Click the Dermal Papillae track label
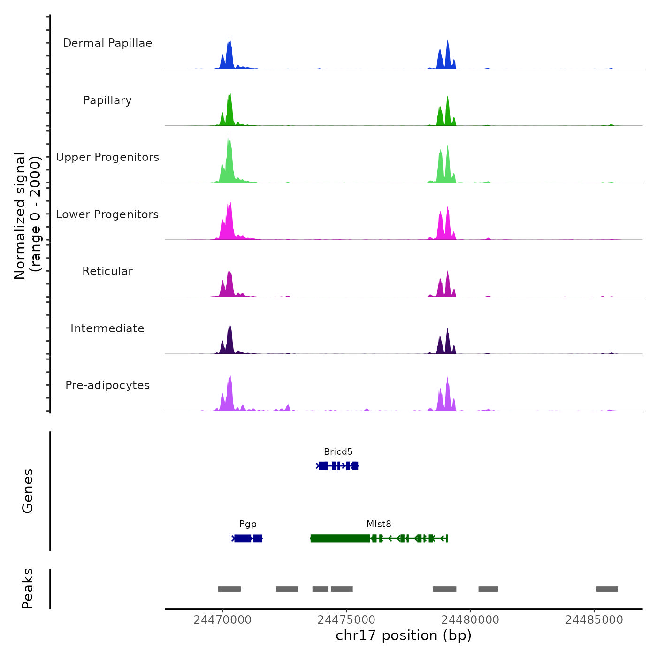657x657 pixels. point(107,43)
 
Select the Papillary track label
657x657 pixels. point(107,100)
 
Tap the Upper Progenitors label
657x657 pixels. point(107,157)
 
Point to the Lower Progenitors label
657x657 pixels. point(107,214)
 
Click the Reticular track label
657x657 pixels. point(107,271)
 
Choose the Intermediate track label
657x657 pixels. point(107,328)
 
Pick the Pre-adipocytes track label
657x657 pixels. point(107,385)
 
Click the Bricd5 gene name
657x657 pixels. point(338,452)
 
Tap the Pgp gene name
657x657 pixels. point(248,524)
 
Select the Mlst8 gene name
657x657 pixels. point(379,524)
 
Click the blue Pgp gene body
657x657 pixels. point(247,538)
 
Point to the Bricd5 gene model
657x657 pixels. point(338,466)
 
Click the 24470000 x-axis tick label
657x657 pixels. point(222,620)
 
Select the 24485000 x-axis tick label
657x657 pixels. point(594,620)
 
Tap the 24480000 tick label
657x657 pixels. point(470,620)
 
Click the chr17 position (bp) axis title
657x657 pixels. point(404,635)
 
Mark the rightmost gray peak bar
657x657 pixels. point(607,589)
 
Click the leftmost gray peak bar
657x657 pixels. point(229,589)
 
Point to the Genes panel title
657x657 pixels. point(28,491)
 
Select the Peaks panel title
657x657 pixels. point(28,588)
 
